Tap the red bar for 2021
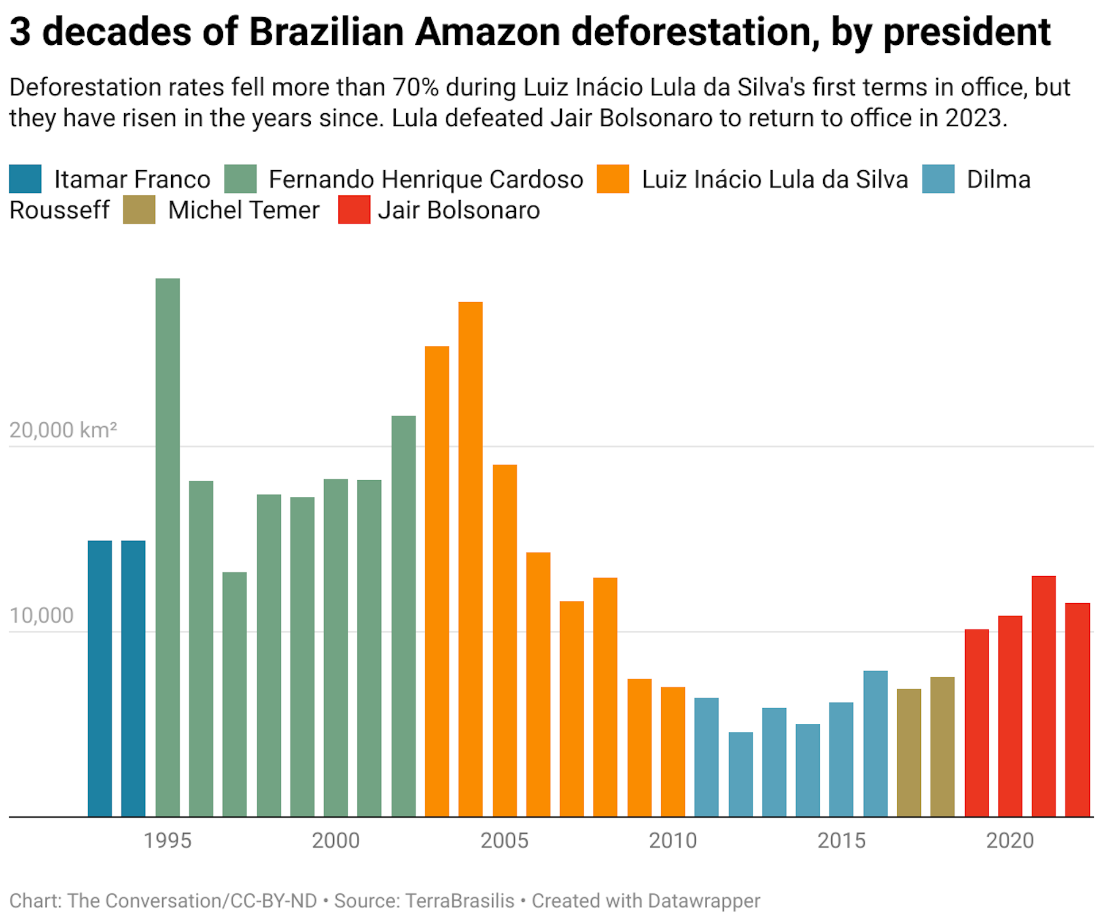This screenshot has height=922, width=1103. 1043,696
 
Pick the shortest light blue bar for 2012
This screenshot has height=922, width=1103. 741,774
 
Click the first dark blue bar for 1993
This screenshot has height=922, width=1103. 100,678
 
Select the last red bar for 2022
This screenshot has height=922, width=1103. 1077,709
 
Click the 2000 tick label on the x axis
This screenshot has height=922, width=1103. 335,840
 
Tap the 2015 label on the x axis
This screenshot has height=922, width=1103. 841,840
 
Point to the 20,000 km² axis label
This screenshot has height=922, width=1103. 63,430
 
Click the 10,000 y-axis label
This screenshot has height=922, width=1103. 41,615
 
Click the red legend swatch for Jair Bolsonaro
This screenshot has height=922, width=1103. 354,210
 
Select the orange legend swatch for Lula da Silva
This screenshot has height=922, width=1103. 612,179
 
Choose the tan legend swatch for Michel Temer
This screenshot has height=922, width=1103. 139,210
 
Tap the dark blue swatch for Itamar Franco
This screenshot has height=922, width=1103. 25,179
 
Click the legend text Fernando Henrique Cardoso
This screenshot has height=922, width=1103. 426,179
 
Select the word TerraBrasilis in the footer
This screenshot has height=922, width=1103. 460,900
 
